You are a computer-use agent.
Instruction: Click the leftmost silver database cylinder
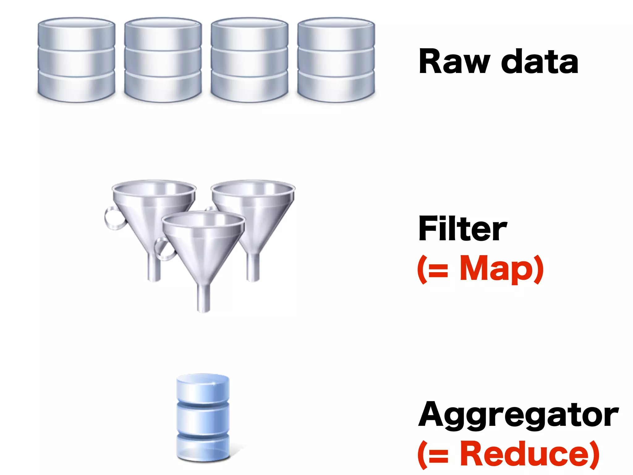tap(76, 60)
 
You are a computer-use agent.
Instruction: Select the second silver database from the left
tap(163, 60)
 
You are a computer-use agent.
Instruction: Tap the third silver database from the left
tap(249, 60)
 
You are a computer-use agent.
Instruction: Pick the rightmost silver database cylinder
tap(336, 60)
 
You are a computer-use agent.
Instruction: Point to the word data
tap(539, 62)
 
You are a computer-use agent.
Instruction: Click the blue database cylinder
tap(203, 417)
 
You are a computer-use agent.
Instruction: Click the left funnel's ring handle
tap(112, 218)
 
